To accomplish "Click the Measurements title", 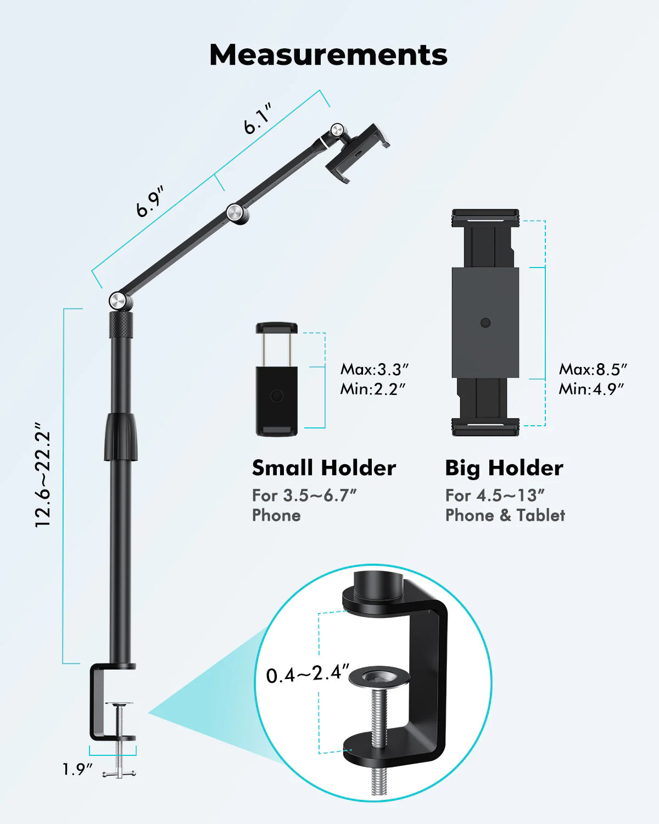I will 328,55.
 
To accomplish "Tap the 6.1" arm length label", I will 258,119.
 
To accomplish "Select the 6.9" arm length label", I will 150,202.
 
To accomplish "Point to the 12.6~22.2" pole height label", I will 43,476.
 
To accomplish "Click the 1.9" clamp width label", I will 77,770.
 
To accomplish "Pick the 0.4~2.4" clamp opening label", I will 308,674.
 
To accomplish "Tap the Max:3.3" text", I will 375,369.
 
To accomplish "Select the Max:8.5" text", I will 593,369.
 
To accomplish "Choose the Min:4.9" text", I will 591,389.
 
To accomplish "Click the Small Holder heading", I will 324,468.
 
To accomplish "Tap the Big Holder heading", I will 504,468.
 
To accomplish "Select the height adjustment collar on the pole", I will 120,437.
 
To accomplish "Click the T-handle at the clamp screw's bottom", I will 119,773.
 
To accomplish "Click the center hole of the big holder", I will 485,322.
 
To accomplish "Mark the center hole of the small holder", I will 277,396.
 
